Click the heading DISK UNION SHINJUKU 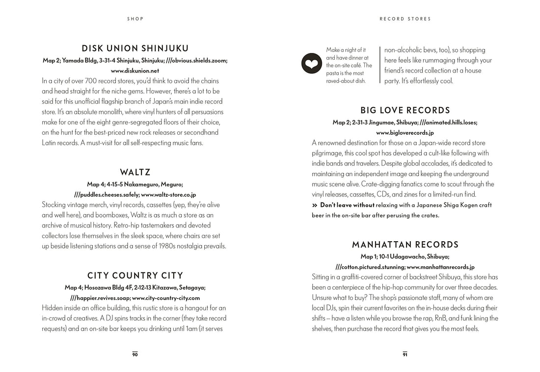coord(135,49)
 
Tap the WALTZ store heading coord(135,173)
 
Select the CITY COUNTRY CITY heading coord(135,275)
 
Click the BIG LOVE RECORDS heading coord(405,110)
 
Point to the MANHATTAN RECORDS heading coord(405,245)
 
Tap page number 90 coord(135,354)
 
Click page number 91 coord(405,354)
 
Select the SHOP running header coord(135,19)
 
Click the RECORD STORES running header coord(405,19)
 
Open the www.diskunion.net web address coord(135,71)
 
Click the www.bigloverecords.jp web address coord(405,132)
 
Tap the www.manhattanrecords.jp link coord(440,267)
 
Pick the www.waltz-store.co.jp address coord(164,195)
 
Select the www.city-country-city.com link coord(166,298)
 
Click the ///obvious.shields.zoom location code coord(196,60)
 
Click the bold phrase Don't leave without coord(347,205)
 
